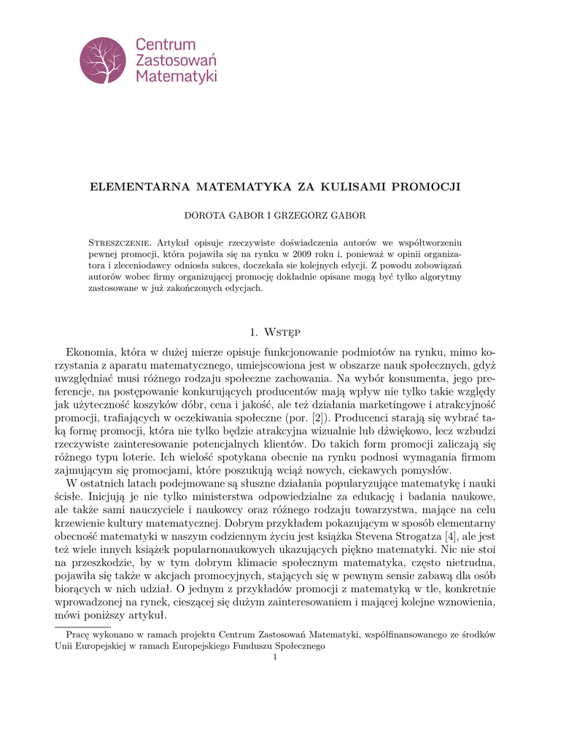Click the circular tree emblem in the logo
(103, 61)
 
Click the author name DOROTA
(207, 215)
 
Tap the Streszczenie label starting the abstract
(120, 241)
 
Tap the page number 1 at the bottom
(275, 658)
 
